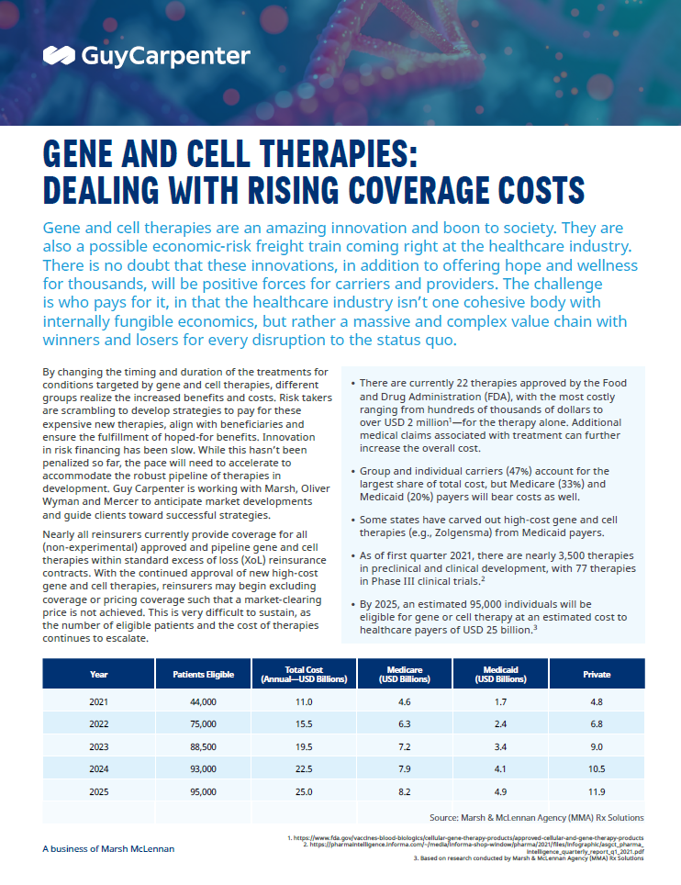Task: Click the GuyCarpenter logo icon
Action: [x=59, y=55]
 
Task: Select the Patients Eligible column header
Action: [x=203, y=674]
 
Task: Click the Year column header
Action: [x=99, y=674]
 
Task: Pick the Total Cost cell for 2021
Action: [x=304, y=701]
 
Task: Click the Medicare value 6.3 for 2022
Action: [x=404, y=723]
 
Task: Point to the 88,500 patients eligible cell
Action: [x=203, y=746]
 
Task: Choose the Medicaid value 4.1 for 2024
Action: [x=500, y=768]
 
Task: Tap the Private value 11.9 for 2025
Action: [x=597, y=792]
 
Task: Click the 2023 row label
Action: [x=99, y=746]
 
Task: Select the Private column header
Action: [x=597, y=674]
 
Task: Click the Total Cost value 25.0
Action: [x=304, y=792]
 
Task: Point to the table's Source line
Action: [x=536, y=817]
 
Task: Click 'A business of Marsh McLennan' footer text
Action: [x=108, y=848]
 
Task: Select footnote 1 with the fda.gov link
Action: [x=465, y=837]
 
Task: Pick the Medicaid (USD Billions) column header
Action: [x=500, y=674]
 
